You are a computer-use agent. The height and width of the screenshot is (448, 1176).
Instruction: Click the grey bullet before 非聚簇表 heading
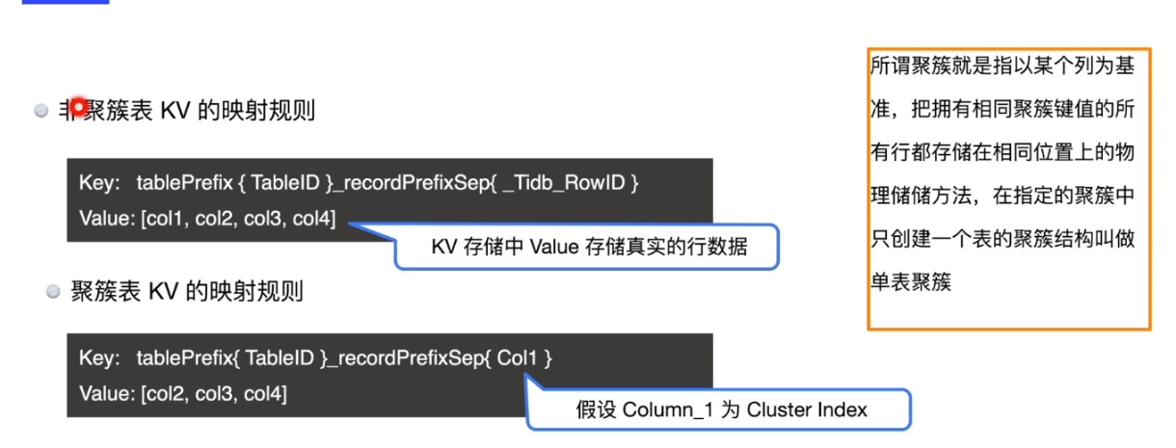(41, 112)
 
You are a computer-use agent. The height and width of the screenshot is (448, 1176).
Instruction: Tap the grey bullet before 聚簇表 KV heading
(54, 291)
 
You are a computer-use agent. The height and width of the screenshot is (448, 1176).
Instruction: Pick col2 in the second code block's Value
(163, 393)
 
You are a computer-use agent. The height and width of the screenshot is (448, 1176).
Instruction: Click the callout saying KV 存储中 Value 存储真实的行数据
(588, 248)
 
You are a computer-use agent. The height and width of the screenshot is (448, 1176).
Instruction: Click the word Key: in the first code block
(97, 182)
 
